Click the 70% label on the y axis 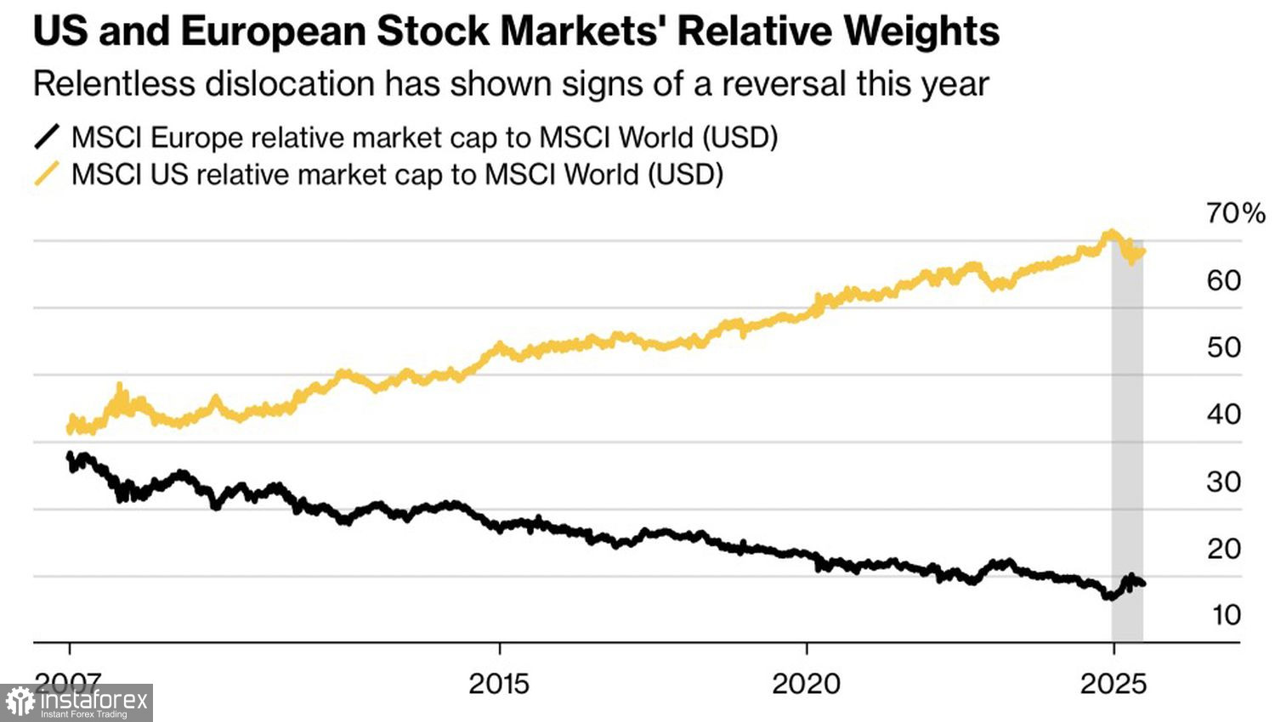1235,213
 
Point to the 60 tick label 1223,280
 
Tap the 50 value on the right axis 1223,347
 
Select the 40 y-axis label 1223,415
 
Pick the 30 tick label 1223,482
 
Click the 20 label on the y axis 1223,549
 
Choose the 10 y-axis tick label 1225,615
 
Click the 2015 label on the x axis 499,684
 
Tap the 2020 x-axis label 806,684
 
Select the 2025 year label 1113,684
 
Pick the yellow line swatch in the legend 47,174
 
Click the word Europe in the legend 192,138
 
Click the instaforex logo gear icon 20,702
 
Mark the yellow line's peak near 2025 1108,232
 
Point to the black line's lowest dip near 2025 1108,596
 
